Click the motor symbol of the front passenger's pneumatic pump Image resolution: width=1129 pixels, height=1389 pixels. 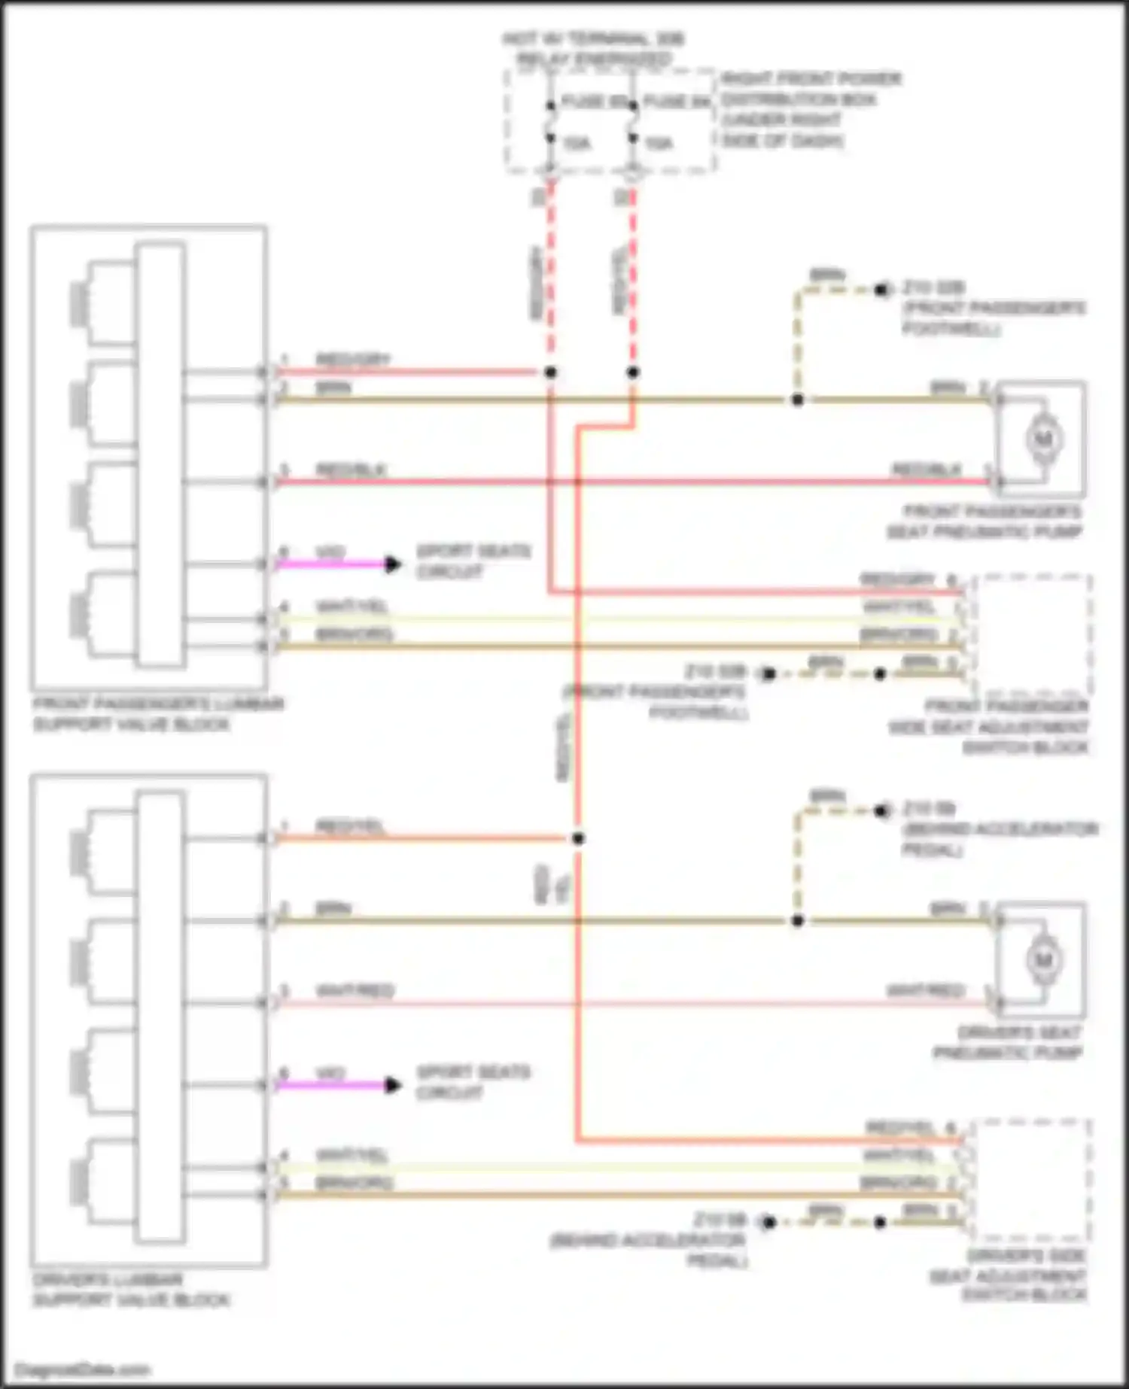click(x=1043, y=438)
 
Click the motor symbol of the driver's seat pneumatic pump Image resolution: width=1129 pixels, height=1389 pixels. click(x=1043, y=959)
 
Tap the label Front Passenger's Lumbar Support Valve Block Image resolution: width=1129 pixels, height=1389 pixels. click(x=158, y=714)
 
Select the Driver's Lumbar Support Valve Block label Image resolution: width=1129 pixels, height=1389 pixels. click(x=131, y=1290)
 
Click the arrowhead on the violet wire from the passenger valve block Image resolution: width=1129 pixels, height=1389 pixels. click(x=392, y=564)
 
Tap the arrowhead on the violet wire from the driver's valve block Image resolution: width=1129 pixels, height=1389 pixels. click(x=392, y=1085)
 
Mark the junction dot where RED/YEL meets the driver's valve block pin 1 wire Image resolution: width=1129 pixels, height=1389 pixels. click(x=578, y=838)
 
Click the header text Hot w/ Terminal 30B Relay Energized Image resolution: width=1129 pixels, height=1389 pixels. click(x=593, y=49)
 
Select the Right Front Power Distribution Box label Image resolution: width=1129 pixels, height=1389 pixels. click(x=811, y=109)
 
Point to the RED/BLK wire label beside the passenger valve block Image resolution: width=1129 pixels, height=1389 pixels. click(x=350, y=470)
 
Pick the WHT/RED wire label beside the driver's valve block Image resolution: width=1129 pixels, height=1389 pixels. click(x=355, y=991)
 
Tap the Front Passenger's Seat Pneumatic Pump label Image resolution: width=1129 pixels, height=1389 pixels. click(x=985, y=521)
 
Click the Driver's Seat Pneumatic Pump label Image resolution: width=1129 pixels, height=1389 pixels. click(x=1008, y=1043)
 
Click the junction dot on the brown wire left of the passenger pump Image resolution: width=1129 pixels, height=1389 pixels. click(x=797, y=400)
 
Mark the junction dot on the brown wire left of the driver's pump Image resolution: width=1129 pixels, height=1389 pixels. click(x=797, y=921)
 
